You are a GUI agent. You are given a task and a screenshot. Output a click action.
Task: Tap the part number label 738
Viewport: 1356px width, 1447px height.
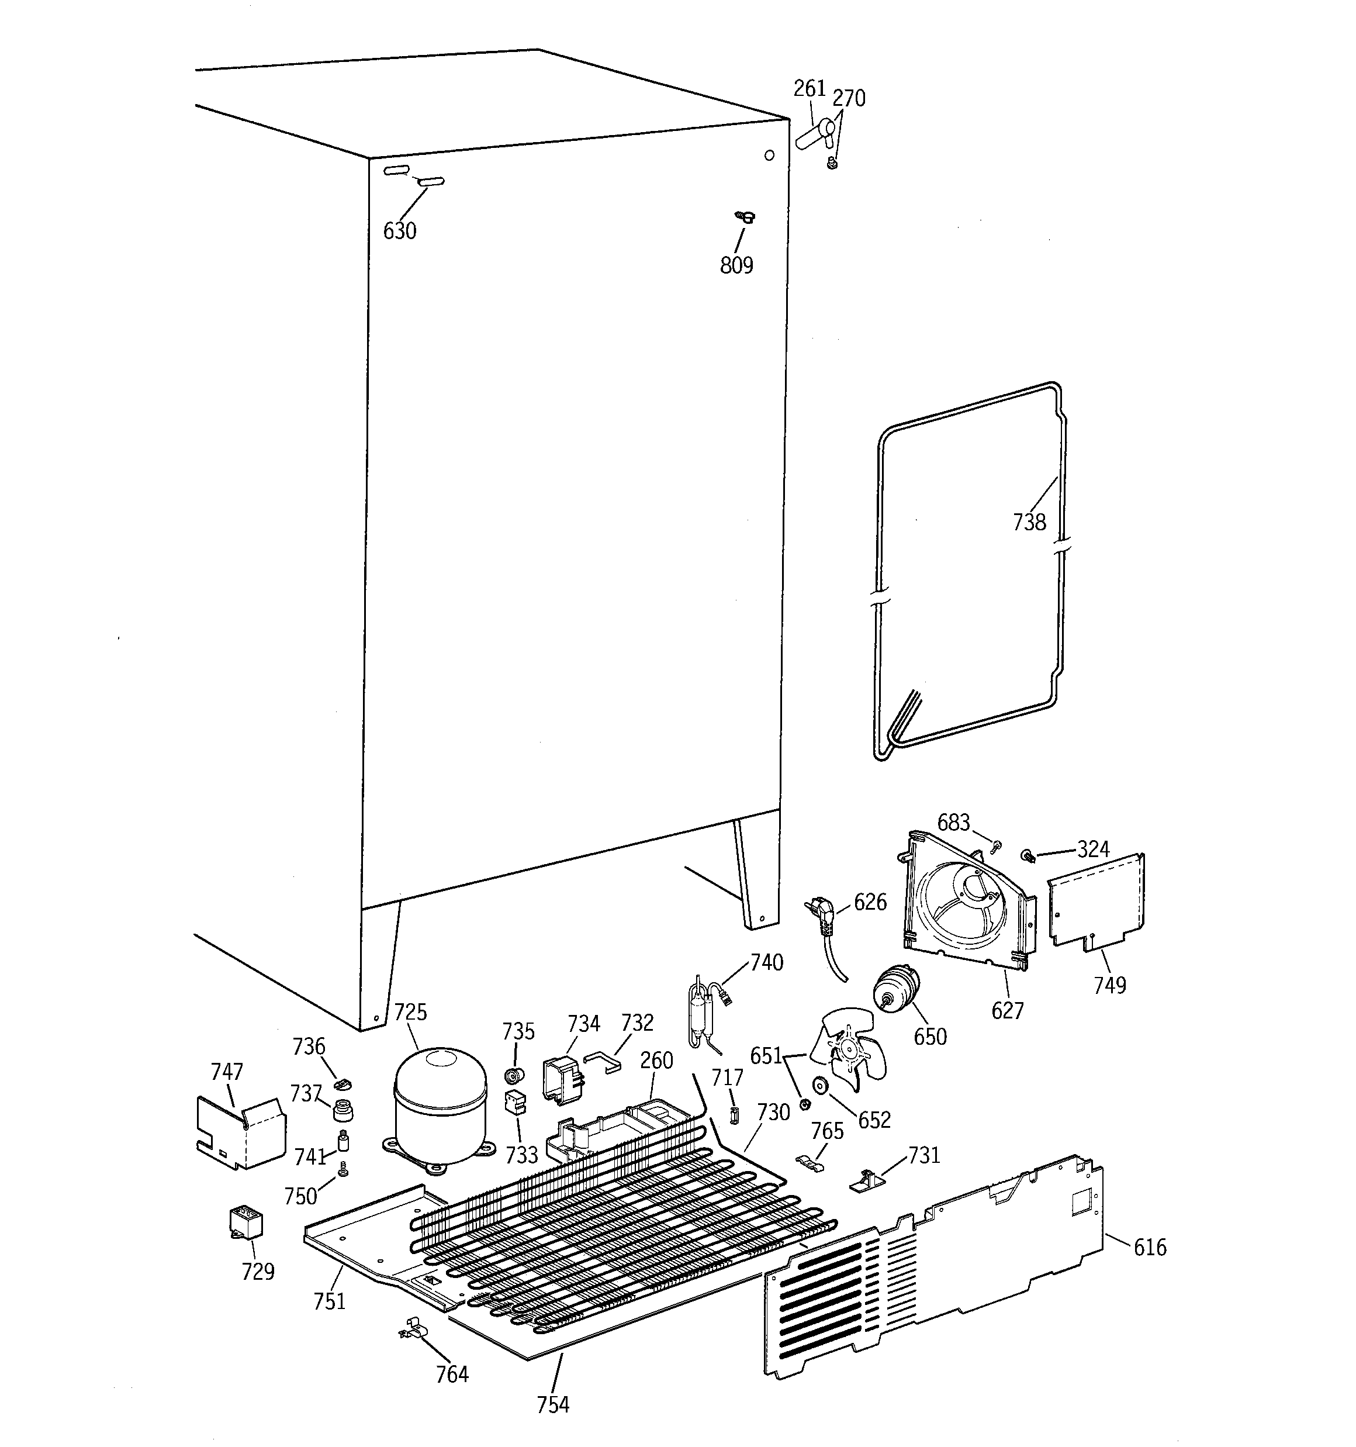point(1029,522)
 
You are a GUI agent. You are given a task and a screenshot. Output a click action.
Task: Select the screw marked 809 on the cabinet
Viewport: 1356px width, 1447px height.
point(744,216)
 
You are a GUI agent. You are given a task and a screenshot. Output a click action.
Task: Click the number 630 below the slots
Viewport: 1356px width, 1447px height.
point(400,232)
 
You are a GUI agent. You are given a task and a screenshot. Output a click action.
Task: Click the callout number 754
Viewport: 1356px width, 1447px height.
point(553,1404)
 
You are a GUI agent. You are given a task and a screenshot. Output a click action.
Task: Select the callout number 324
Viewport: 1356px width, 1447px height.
point(1093,849)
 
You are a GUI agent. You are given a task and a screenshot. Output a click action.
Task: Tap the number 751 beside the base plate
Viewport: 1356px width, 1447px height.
point(329,1301)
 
